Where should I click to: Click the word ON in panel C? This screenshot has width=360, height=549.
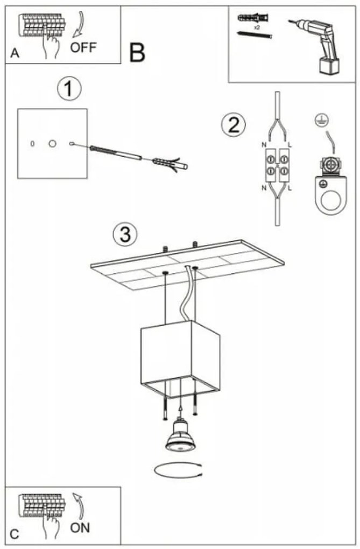tap(80, 527)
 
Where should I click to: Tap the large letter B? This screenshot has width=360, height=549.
tap(137, 52)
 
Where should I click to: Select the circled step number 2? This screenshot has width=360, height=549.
tap(233, 125)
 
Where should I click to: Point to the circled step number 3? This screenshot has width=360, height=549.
tap(124, 234)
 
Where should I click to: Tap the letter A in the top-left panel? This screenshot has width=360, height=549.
tap(14, 54)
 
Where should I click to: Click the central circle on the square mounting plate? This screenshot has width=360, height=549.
tap(52, 144)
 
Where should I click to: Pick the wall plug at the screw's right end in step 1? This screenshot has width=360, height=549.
tap(170, 163)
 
